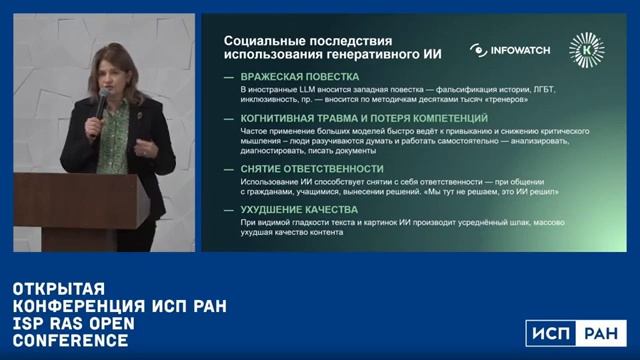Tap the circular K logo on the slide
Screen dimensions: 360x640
click(x=586, y=49)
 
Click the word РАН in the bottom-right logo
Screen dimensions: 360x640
click(x=603, y=334)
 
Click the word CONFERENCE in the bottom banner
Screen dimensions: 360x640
click(x=69, y=341)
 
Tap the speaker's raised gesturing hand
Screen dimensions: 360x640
click(x=151, y=150)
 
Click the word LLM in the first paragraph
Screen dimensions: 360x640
click(x=296, y=91)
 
